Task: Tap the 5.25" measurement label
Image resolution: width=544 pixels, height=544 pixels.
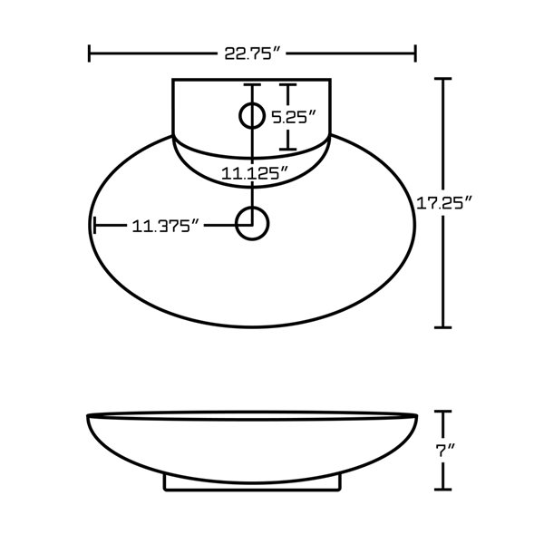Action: click(294, 117)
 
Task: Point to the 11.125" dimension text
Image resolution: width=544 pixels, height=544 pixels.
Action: click(255, 172)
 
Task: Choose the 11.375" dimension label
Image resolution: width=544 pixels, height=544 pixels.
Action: click(165, 226)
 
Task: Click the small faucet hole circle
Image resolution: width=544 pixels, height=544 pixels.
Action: click(251, 116)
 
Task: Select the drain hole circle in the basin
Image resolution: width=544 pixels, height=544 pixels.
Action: click(251, 223)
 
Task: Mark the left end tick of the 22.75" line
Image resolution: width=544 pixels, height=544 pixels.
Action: click(89, 53)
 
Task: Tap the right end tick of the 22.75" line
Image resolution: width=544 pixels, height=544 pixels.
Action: click(415, 53)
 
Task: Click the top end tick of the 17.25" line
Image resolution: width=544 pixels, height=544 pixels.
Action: click(442, 79)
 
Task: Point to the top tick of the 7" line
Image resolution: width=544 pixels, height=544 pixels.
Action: click(442, 412)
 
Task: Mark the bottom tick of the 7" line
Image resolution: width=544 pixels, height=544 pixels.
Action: click(442, 491)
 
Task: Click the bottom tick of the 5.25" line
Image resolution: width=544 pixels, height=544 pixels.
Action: click(287, 150)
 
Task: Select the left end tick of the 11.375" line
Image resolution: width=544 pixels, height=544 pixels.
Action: click(94, 225)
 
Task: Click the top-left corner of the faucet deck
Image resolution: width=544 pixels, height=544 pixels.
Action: click(172, 80)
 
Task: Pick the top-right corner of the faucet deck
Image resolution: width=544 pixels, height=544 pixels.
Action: click(332, 80)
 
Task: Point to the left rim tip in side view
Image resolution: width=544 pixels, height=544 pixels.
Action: click(89, 416)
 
